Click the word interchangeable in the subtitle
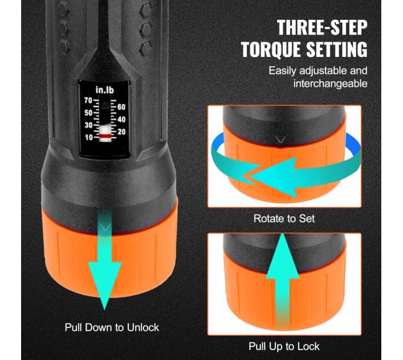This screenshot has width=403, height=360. click(x=330, y=84)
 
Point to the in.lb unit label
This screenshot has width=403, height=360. click(x=105, y=90)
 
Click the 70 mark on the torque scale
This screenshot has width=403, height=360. click(x=88, y=100)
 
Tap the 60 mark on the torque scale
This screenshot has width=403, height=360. click(x=122, y=107)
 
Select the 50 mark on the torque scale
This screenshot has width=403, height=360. click(x=88, y=113)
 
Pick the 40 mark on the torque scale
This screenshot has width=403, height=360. click(x=122, y=120)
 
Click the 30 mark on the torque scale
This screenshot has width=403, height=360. click(x=88, y=125)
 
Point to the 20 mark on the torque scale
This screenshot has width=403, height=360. click(x=122, y=132)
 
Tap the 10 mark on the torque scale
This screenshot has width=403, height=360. click(x=88, y=138)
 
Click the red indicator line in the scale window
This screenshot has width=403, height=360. click(x=105, y=136)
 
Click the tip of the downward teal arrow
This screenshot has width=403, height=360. click(x=104, y=310)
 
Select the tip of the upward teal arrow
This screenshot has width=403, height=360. click(x=283, y=234)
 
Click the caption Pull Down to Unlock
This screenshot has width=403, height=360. click(x=112, y=328)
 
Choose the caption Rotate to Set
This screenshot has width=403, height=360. click(x=284, y=219)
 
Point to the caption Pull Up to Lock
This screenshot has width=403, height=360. click(x=284, y=346)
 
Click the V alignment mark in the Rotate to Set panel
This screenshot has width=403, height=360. click(x=280, y=140)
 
